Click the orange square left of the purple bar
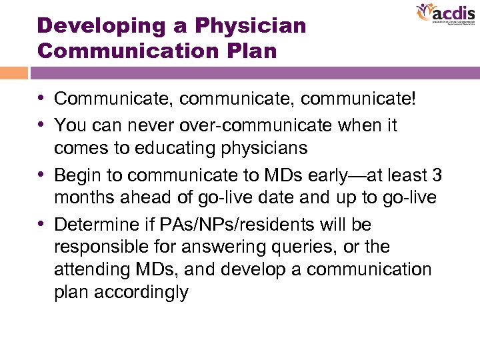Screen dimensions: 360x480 pyautogui.click(x=14, y=73)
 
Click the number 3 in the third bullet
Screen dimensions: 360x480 pyautogui.click(x=437, y=175)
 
